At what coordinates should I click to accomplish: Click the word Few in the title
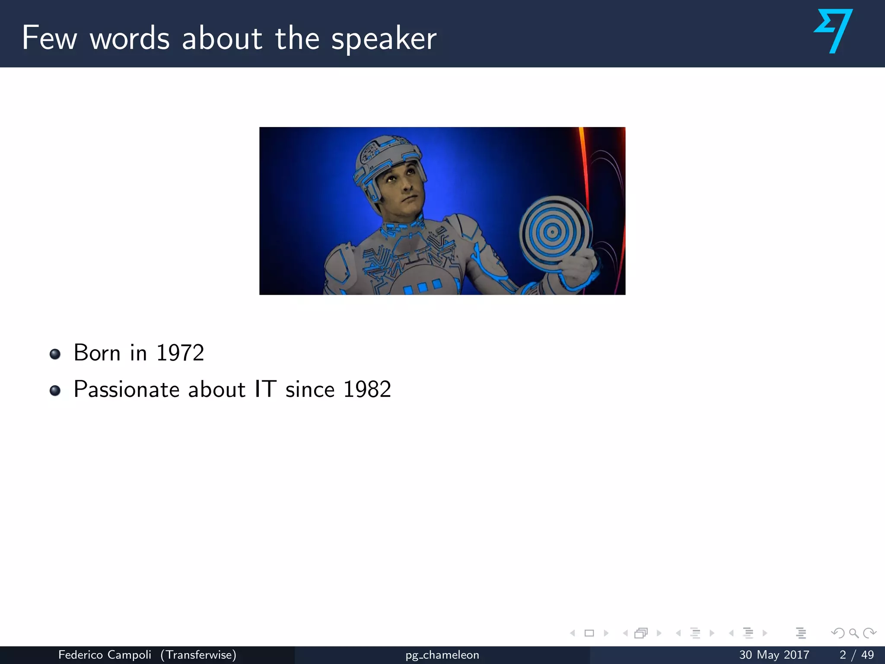(49, 38)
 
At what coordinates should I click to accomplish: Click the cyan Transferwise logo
(834, 31)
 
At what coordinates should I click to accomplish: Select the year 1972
(180, 353)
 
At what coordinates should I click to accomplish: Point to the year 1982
(367, 389)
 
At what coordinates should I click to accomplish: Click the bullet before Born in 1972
(55, 354)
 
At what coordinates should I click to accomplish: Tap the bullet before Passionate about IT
(55, 391)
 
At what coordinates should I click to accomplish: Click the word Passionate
(127, 389)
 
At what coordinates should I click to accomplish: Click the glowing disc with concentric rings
(552, 233)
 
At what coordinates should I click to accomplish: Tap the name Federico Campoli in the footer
(105, 655)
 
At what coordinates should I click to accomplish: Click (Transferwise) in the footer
(198, 655)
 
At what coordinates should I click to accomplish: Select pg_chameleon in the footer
(442, 655)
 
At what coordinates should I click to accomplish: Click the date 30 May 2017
(774, 655)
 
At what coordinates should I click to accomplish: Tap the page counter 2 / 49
(856, 655)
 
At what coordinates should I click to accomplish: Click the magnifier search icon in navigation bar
(853, 633)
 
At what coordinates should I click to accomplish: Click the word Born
(97, 353)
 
